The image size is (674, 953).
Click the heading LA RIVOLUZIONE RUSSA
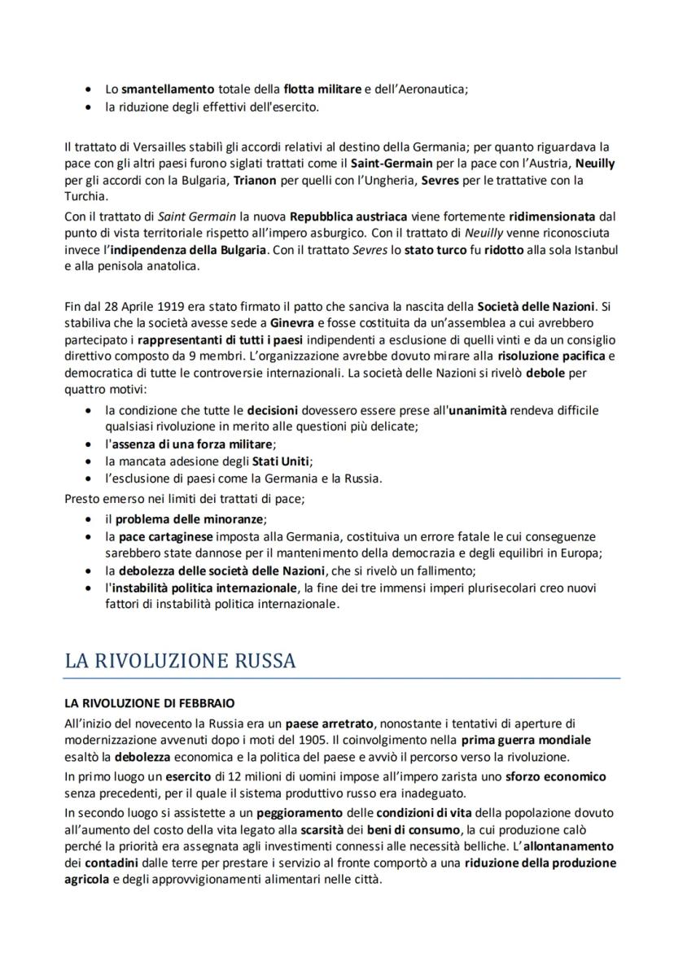pos(180,661)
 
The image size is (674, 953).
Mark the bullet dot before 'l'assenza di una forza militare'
pos(89,444)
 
